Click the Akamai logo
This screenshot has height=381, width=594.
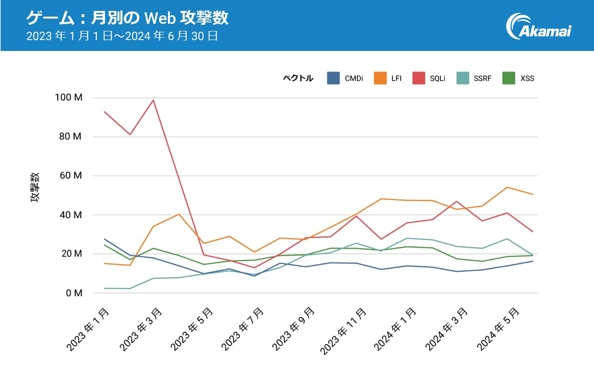pyautogui.click(x=540, y=26)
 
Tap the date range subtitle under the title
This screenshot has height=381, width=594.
pyautogui.click(x=122, y=36)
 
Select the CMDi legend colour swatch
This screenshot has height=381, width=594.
pyautogui.click(x=333, y=78)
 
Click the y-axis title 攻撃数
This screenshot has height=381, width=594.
pyautogui.click(x=35, y=188)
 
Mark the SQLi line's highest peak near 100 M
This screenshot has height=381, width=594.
pyautogui.click(x=153, y=100)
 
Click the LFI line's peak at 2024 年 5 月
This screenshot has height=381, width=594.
pyautogui.click(x=507, y=187)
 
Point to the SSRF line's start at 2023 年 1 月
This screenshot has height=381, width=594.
pyautogui.click(x=104, y=288)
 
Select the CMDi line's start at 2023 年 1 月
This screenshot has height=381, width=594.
pyautogui.click(x=104, y=239)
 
